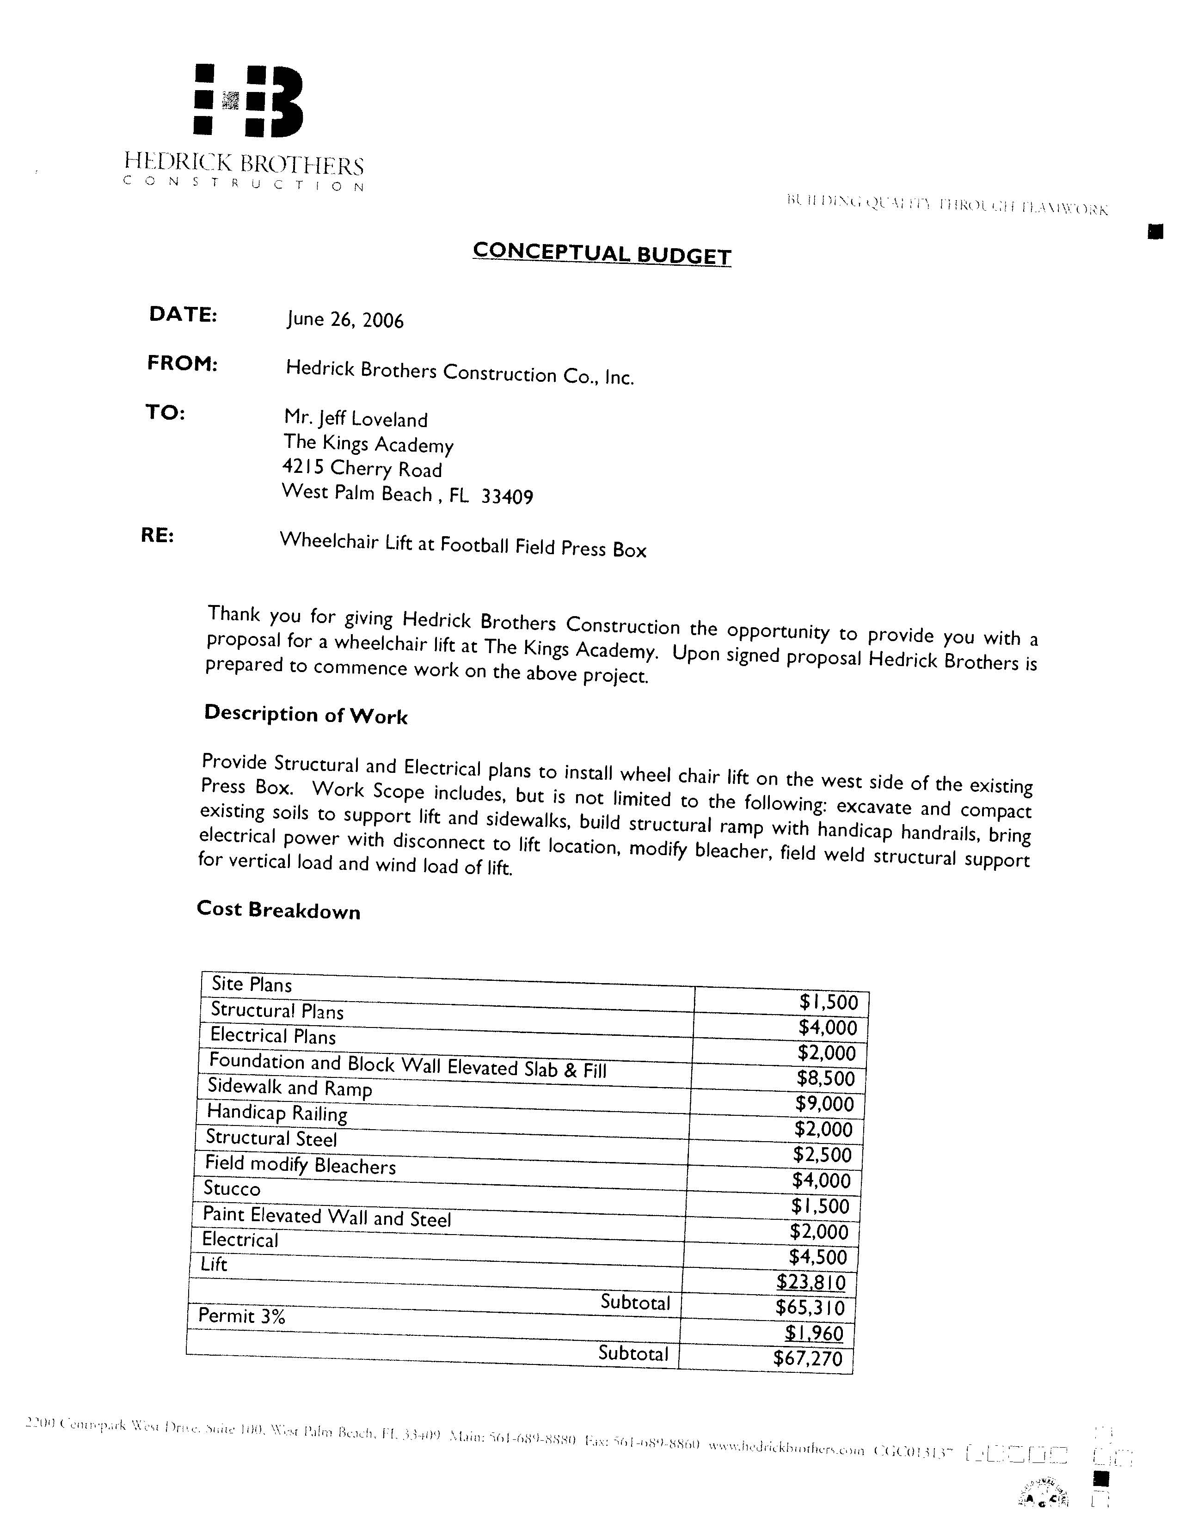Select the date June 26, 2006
coord(344,319)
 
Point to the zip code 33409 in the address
coord(507,496)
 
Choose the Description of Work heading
coord(306,714)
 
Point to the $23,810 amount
coord(811,1282)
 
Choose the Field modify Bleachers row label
coord(300,1164)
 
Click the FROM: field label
coord(182,363)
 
